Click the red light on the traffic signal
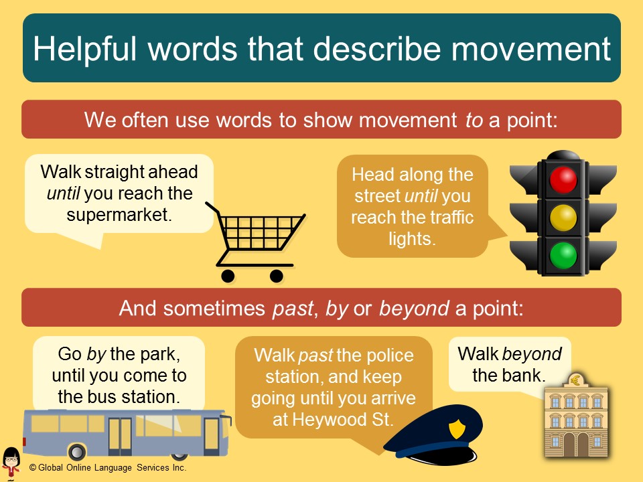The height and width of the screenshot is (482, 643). (x=563, y=179)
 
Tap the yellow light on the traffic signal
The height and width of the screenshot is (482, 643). (x=563, y=217)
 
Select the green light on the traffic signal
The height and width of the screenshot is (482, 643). (x=563, y=255)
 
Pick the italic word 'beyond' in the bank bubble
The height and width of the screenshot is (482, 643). (x=532, y=354)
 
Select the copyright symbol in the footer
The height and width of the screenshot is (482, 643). (x=31, y=468)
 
